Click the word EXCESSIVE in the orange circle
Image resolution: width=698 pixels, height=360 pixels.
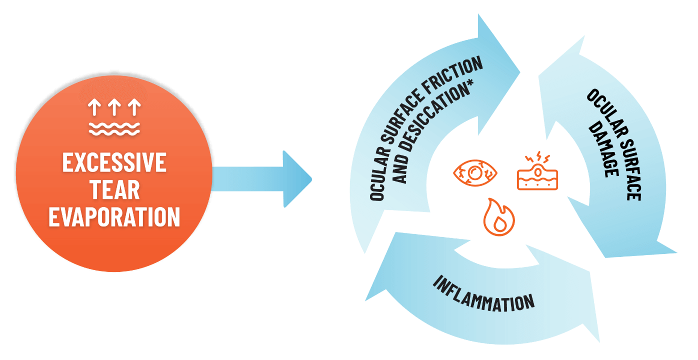(114, 163)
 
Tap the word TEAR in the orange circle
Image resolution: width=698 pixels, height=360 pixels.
(114, 190)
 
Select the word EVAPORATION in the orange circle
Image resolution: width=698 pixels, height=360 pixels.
(114, 217)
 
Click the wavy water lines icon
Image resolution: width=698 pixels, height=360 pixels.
(114, 127)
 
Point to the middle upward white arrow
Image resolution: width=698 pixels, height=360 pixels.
(114, 107)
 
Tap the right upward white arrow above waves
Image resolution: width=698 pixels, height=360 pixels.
(134, 107)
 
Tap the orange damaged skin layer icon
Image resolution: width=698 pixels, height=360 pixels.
(536, 172)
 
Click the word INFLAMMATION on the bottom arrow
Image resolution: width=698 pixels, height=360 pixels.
(483, 293)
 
